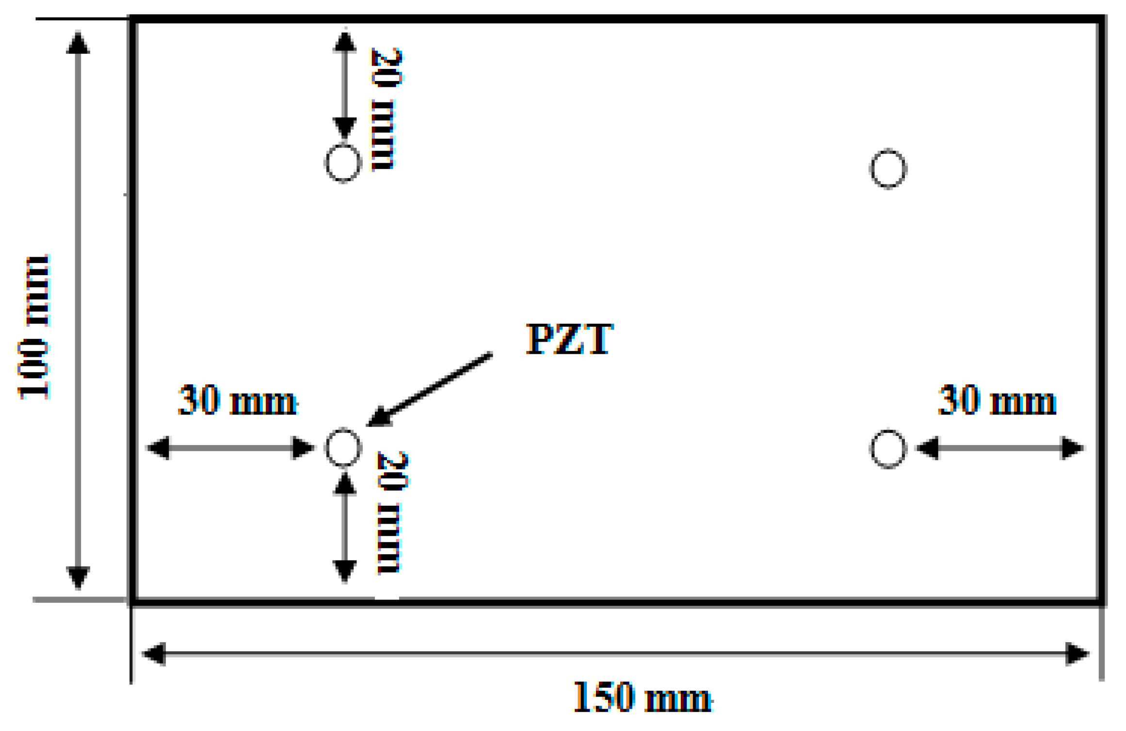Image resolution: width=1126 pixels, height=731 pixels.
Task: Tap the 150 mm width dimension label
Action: [x=643, y=698]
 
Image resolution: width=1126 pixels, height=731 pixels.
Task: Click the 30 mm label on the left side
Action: [x=238, y=400]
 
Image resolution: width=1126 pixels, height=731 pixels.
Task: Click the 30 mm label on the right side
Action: [x=997, y=400]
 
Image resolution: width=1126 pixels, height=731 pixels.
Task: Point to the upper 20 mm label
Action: [x=386, y=109]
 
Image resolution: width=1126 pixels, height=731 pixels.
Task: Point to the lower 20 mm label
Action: [x=392, y=513]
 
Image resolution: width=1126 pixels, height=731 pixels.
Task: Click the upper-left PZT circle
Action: [x=343, y=163]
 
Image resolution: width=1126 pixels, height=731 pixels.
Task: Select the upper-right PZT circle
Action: [x=888, y=168]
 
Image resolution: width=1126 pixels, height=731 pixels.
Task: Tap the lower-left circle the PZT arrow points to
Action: [x=343, y=448]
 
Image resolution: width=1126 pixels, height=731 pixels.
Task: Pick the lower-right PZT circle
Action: [x=888, y=449]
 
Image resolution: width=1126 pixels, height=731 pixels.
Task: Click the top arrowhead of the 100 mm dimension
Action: [x=78, y=43]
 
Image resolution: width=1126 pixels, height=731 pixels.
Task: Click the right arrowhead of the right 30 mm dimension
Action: [x=1072, y=448]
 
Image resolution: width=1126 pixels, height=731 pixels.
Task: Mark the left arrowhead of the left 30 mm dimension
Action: [x=159, y=448]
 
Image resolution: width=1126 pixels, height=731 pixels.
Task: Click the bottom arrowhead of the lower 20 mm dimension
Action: [x=345, y=570]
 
